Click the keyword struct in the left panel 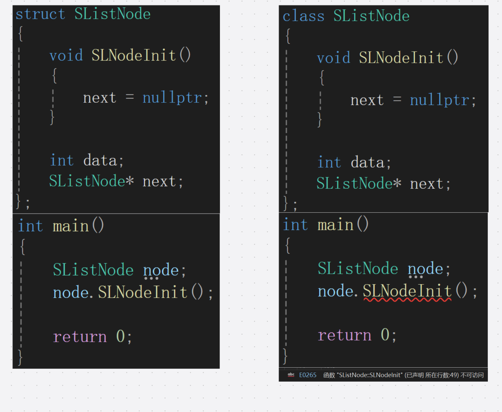tap(40, 14)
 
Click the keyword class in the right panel tap(303, 16)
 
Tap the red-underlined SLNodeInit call tap(407, 291)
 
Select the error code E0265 tap(308, 375)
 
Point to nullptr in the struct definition tap(172, 98)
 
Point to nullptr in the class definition tap(439, 100)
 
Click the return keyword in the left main tap(80, 337)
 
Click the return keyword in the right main tap(344, 335)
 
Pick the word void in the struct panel tap(66, 55)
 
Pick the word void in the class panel tap(333, 58)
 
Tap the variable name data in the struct tap(100, 160)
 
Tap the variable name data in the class tap(367, 162)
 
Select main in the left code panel tap(71, 226)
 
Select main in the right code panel tap(335, 225)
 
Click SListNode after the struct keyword tap(112, 14)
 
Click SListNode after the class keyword tap(371, 16)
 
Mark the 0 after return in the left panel tap(120, 337)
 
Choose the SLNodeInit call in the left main tap(142, 292)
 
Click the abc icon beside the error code tap(291, 375)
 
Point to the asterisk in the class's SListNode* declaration tap(397, 183)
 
